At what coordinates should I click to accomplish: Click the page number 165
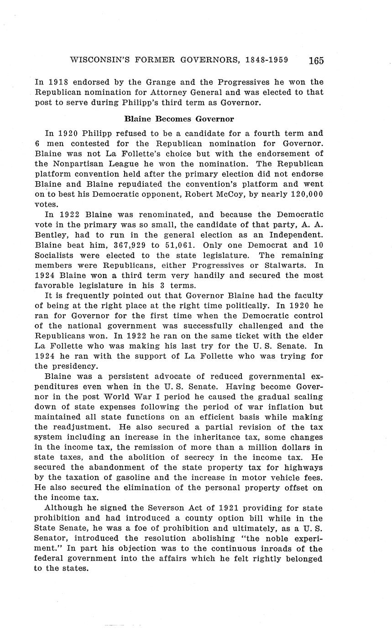coord(316,61)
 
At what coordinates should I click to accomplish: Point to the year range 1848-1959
coord(272,60)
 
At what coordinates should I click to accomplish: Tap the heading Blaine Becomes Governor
coord(179,119)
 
